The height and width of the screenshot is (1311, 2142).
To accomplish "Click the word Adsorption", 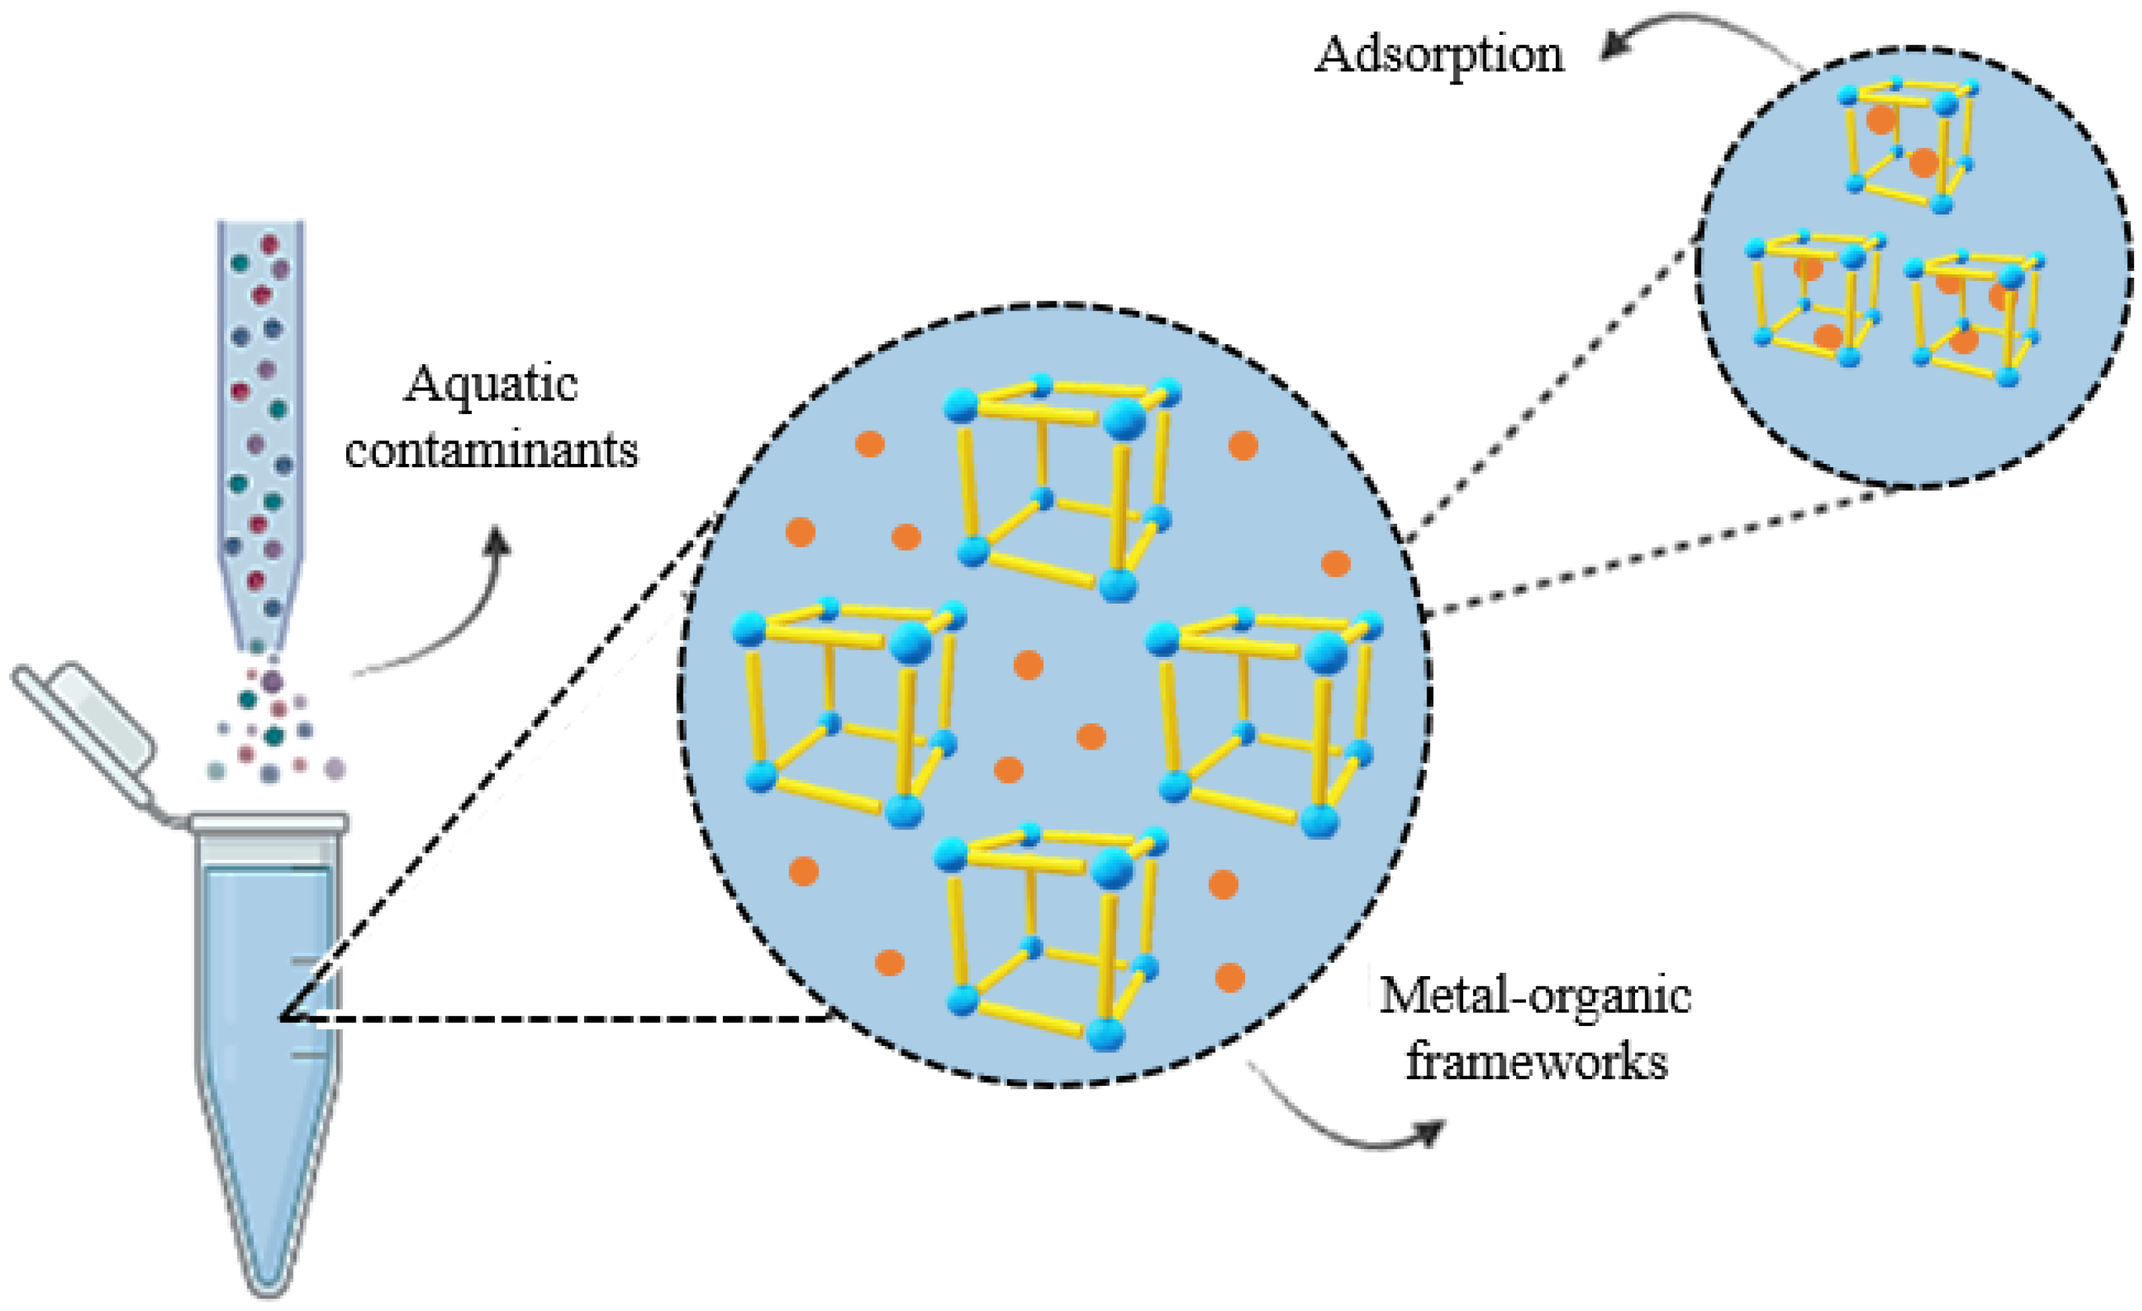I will point(1439,56).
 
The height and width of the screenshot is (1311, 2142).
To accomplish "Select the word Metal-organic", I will point(1535,996).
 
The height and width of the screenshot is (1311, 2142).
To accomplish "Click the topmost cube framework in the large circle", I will point(1060,487).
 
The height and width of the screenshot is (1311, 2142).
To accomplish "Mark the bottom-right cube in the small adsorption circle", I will point(1973,317).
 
